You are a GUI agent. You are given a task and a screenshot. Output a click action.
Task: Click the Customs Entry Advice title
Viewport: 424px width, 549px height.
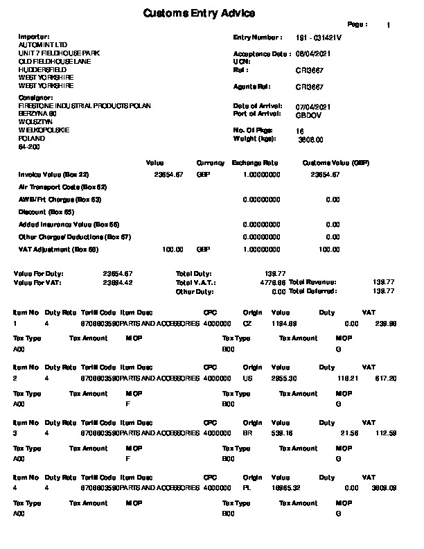pos(199,13)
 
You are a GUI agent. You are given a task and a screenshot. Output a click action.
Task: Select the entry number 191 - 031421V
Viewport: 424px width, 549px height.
pos(319,37)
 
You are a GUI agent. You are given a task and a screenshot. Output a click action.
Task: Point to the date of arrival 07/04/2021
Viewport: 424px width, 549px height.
pos(313,106)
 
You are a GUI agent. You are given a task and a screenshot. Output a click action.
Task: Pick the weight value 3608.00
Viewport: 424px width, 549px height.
pos(310,139)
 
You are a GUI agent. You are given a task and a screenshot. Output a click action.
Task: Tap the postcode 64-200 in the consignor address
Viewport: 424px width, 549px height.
pos(29,147)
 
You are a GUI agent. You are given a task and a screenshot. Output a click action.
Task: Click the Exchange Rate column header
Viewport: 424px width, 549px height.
pos(255,163)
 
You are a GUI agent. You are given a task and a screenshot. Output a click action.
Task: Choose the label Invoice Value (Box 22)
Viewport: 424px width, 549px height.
pos(54,175)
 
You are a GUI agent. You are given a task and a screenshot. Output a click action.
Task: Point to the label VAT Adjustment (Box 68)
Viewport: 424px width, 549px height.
pos(59,249)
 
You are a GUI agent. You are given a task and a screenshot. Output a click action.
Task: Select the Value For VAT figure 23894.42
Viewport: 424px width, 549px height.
pos(118,283)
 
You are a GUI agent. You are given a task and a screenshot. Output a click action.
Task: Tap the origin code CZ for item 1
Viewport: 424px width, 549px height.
pos(247,323)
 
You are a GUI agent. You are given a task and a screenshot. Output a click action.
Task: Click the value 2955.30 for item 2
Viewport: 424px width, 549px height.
pos(284,378)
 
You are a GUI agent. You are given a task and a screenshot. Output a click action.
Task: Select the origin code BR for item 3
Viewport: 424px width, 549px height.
pos(247,433)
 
